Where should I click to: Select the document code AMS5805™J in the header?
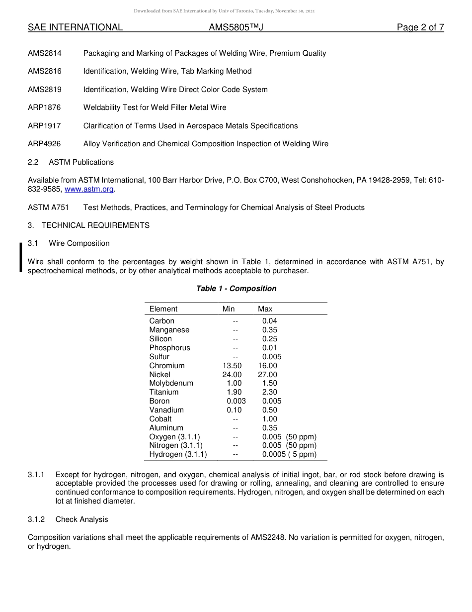click(x=236, y=28)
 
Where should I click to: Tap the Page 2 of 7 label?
click(x=420, y=28)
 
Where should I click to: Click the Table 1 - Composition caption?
click(x=236, y=289)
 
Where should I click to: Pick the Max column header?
click(x=265, y=309)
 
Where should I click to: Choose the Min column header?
click(x=229, y=309)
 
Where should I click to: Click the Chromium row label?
click(x=166, y=366)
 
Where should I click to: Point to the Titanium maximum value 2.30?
click(x=269, y=392)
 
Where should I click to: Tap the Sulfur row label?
click(x=159, y=357)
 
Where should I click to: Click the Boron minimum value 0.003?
click(x=236, y=401)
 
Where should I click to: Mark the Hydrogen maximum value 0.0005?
click(x=274, y=454)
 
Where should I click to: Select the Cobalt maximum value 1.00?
click(x=269, y=419)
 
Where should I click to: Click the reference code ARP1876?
click(x=44, y=107)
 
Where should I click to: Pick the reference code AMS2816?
click(x=45, y=71)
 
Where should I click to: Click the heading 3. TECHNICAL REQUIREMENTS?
click(x=88, y=225)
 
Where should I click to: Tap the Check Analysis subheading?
click(x=81, y=519)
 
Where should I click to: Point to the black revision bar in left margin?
click(x=20, y=257)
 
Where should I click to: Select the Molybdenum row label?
click(x=171, y=383)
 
